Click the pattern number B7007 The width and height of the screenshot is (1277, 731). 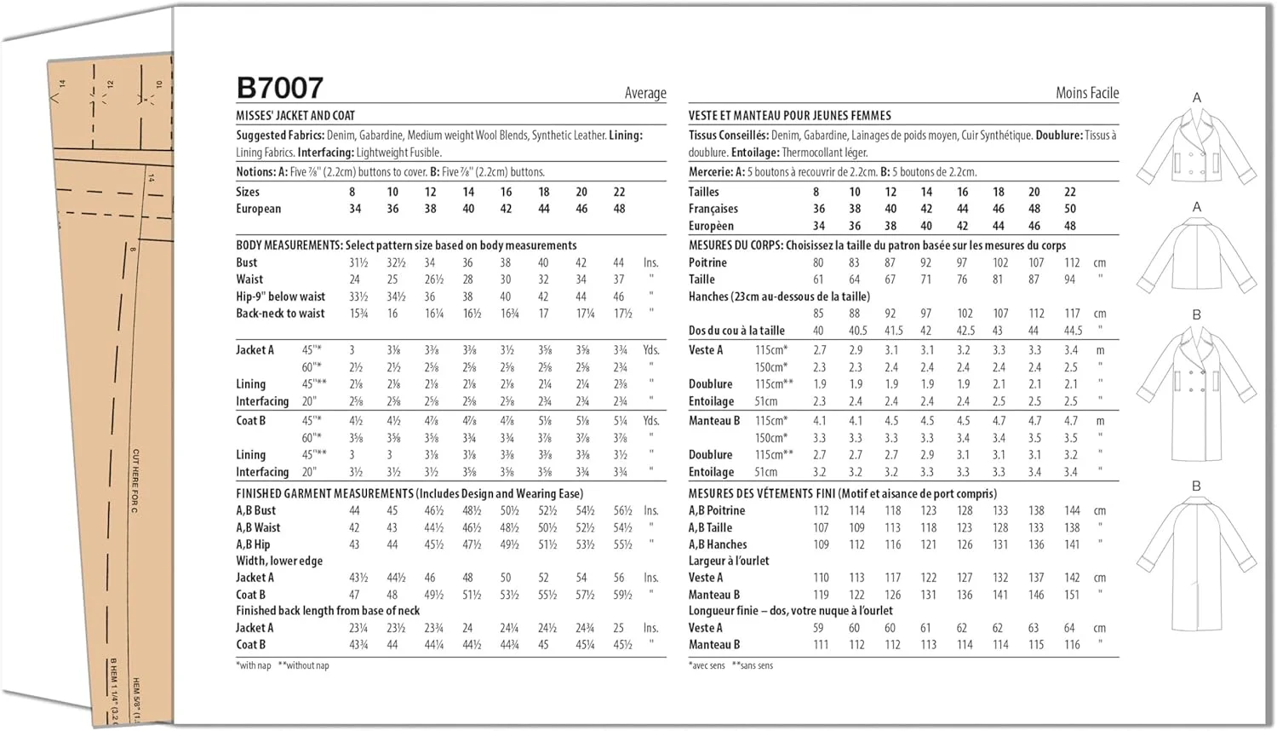(x=279, y=88)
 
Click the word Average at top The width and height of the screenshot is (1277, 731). (x=645, y=93)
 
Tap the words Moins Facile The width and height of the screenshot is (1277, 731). (x=1087, y=93)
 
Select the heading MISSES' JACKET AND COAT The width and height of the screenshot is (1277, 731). (x=295, y=115)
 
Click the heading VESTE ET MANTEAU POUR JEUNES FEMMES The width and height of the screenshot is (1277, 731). (x=789, y=115)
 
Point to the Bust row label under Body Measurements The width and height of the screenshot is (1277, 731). (x=246, y=262)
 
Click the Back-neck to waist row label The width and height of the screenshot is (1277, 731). (x=280, y=313)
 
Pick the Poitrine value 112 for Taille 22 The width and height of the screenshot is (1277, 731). (x=1071, y=262)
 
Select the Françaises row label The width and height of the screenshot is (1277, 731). (x=713, y=209)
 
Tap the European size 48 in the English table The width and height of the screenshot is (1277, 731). (x=619, y=209)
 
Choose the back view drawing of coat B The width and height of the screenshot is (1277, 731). (x=1196, y=562)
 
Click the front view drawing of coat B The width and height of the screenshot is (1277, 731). (x=1196, y=392)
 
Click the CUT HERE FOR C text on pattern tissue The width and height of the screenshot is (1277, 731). (x=135, y=481)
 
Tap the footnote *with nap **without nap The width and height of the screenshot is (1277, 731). (x=282, y=665)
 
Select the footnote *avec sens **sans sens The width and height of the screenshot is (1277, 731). (x=730, y=665)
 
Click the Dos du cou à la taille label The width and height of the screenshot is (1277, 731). (x=736, y=331)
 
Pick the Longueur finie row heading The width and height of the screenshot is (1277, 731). (x=790, y=610)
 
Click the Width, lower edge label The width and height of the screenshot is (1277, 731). (x=278, y=561)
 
